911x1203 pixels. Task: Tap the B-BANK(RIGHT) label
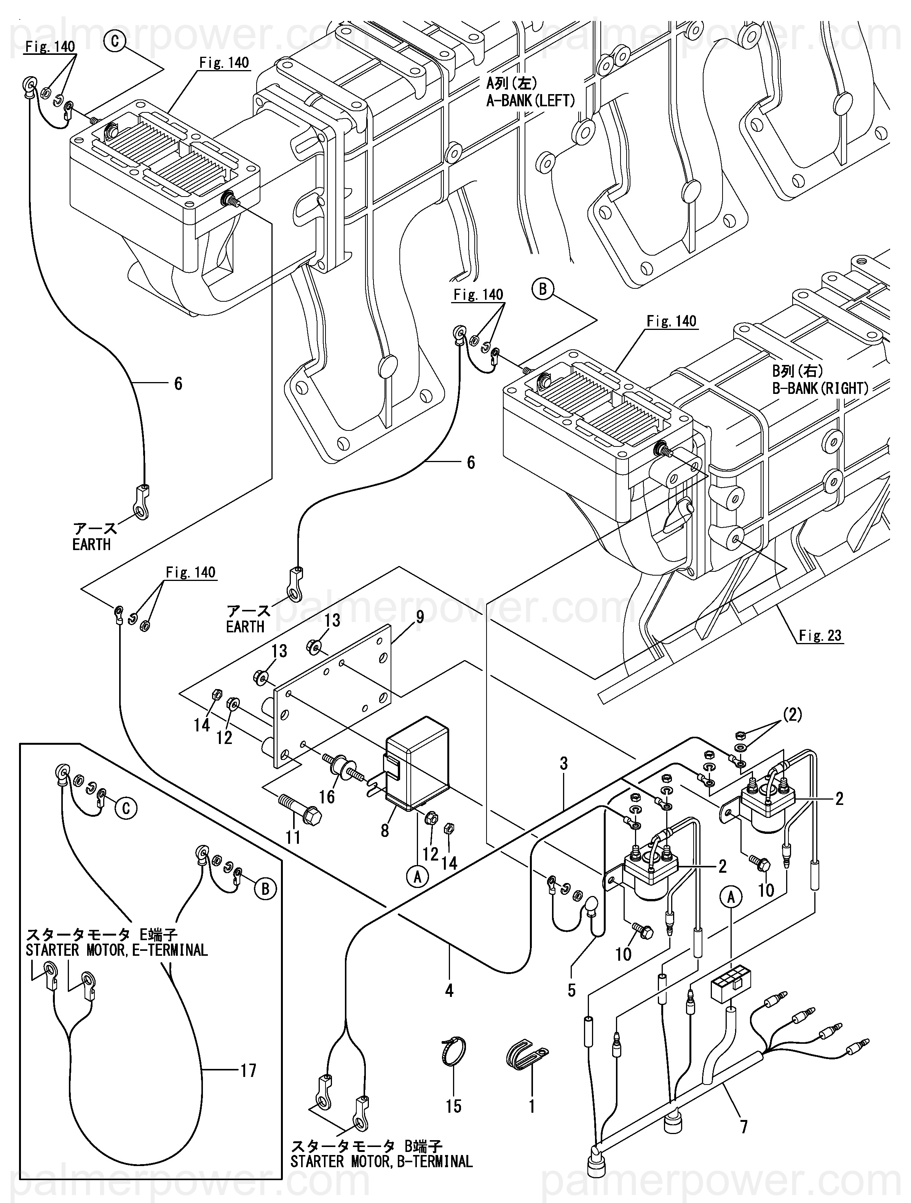click(820, 388)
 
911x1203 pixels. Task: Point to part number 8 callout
click(385, 830)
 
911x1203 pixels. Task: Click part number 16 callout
click(327, 797)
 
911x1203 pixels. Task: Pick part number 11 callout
click(293, 837)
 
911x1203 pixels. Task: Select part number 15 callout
click(453, 1105)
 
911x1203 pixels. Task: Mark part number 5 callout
click(571, 990)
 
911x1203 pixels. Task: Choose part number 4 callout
click(449, 990)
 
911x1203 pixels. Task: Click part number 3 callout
click(564, 763)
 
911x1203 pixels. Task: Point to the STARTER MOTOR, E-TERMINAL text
click(117, 950)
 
